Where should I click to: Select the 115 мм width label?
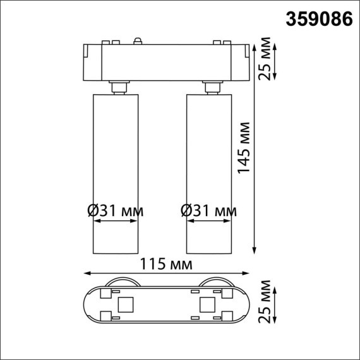(x=167, y=263)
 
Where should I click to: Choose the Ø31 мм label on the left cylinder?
(x=114, y=210)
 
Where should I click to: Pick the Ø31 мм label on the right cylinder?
(x=208, y=210)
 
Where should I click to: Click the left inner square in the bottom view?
(x=126, y=306)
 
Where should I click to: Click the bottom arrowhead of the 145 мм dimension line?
(x=254, y=249)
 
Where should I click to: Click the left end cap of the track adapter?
(x=90, y=62)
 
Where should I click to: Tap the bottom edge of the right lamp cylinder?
(x=209, y=251)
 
